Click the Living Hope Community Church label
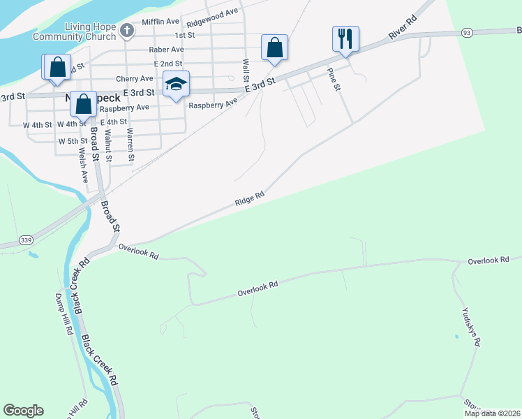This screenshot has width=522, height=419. pos(90,31)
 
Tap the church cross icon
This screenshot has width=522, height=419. pos(126,30)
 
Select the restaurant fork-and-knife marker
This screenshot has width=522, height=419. pos(345,39)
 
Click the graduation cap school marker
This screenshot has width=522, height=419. pos(176,84)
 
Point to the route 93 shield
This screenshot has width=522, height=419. pos(467,33)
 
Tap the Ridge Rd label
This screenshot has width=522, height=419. pos(250,198)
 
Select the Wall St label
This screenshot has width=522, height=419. pos(246,71)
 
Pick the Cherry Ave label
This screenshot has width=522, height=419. pos(135,79)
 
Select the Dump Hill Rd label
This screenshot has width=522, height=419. pos(64,313)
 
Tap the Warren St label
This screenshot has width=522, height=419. pos(130,145)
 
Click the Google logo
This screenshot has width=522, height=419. pos(23,411)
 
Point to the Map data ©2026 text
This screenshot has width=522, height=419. pos(491,413)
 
